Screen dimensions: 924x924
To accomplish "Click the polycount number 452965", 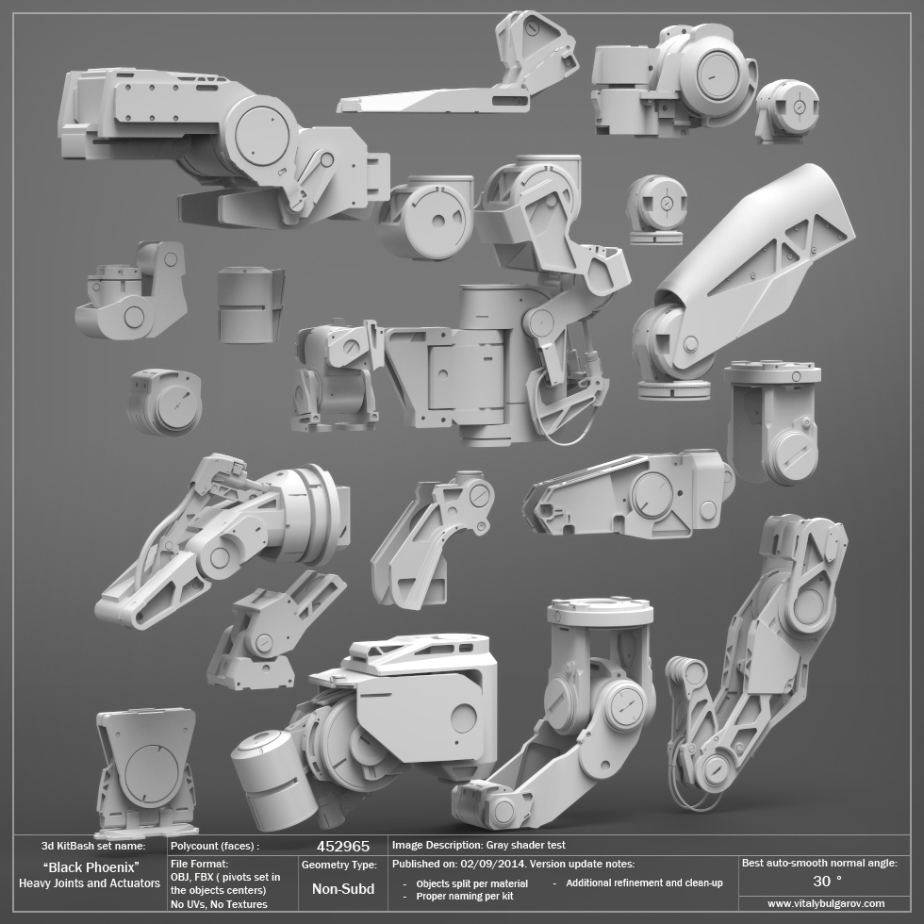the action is (343, 847).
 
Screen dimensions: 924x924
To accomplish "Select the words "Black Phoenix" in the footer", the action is (91, 867).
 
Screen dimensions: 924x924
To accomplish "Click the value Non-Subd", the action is (343, 888).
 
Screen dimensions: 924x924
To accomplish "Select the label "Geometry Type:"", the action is (338, 866).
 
